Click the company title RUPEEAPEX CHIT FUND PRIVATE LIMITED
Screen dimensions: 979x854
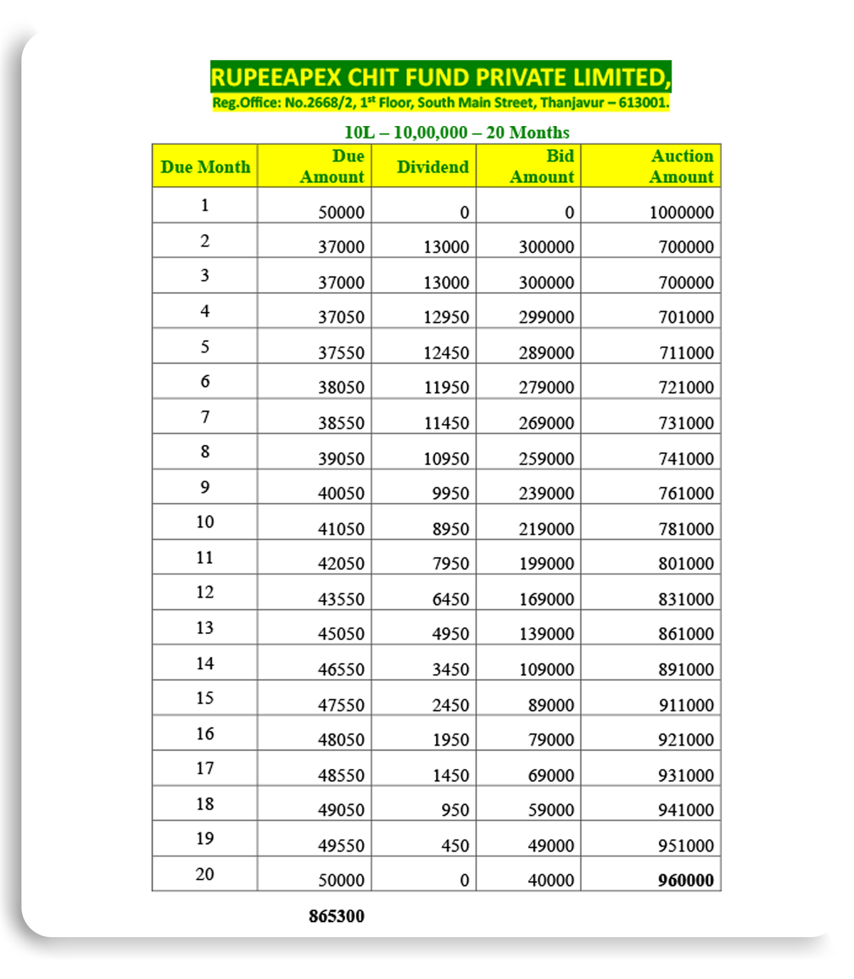[440, 77]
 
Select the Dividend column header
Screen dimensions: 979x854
[433, 167]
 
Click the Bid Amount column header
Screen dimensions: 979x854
[542, 166]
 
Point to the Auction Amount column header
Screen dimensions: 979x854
[681, 166]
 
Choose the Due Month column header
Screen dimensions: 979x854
[205, 167]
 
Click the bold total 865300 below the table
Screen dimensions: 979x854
[336, 916]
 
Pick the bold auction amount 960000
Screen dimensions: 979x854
[686, 880]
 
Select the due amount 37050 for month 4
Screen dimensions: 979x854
[341, 317]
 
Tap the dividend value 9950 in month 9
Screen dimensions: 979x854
[450, 493]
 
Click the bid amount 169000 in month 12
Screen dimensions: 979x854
[546, 599]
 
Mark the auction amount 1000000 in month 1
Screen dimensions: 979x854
[681, 213]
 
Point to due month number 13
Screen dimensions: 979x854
[205, 628]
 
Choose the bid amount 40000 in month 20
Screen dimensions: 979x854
[551, 880]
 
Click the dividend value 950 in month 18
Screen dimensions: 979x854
[455, 810]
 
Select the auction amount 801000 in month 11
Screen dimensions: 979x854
[686, 564]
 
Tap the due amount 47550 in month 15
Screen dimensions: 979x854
[341, 705]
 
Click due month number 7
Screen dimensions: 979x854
[205, 417]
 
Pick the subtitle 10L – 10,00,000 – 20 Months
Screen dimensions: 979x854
[457, 132]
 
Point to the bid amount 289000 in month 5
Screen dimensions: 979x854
[546, 353]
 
